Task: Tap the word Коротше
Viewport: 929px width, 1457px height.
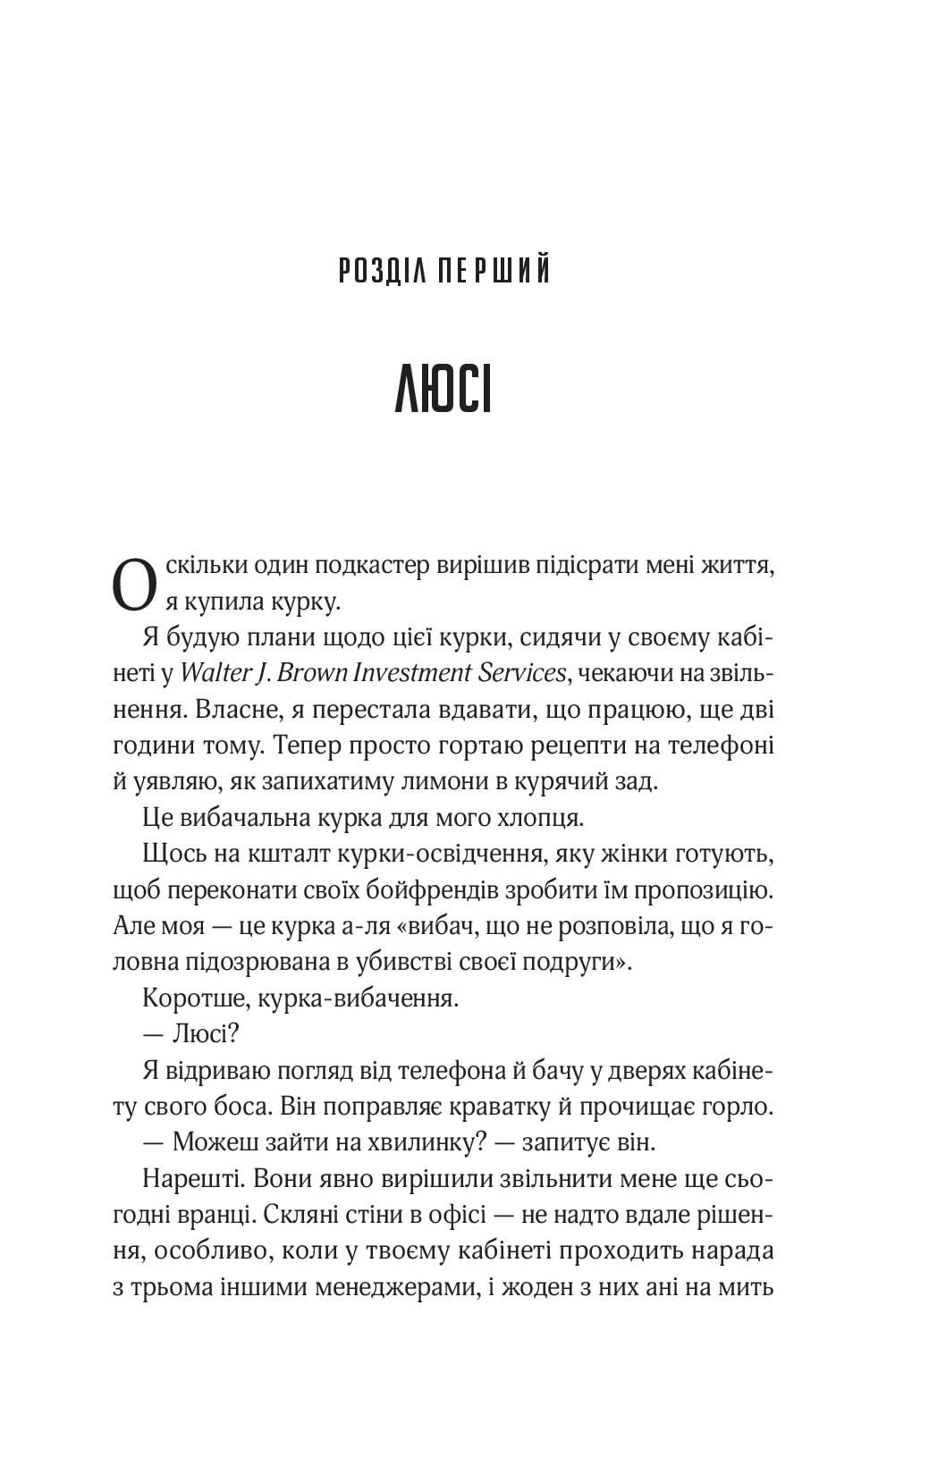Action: pyautogui.click(x=186, y=998)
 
